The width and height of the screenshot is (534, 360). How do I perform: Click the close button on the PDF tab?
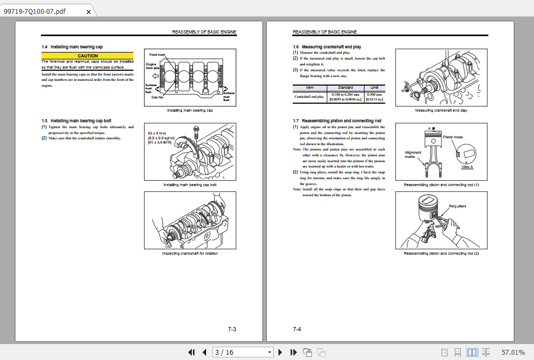click(x=89, y=12)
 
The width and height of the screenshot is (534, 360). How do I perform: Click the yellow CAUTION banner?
click(x=87, y=56)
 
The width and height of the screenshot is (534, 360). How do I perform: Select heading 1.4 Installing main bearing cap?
click(x=72, y=47)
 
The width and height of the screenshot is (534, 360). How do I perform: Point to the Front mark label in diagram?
click(x=158, y=55)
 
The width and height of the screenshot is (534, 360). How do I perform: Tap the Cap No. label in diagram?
click(x=158, y=97)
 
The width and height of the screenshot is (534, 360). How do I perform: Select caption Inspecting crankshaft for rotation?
click(x=190, y=253)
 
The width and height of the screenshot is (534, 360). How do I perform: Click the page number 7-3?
click(x=232, y=330)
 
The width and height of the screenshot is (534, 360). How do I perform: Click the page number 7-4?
click(x=297, y=330)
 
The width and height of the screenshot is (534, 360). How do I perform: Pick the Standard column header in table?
click(x=345, y=88)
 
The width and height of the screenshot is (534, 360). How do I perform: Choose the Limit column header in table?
click(x=375, y=88)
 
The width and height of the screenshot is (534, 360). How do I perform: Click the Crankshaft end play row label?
click(x=309, y=97)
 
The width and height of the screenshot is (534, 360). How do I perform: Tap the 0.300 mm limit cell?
click(x=375, y=95)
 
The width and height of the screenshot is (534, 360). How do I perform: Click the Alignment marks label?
click(x=413, y=155)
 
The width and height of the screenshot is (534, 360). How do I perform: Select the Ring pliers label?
click(x=457, y=206)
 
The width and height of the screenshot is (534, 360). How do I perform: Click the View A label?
click(x=467, y=166)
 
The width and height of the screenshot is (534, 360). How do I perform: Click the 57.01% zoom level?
click(x=513, y=352)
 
